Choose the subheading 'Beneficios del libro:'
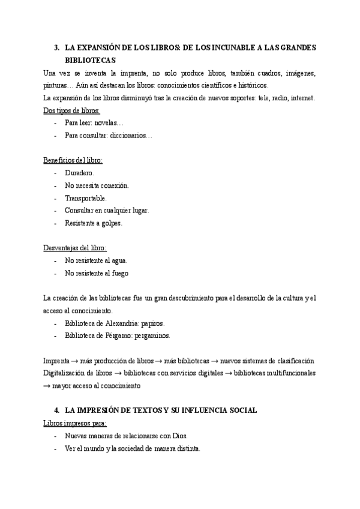coord(73,160)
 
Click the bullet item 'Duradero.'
coord(79,173)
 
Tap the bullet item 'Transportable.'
coord(86,198)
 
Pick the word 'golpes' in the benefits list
coord(112,223)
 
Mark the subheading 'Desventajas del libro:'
coord(75,248)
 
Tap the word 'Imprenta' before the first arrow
coord(56,361)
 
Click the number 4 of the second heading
coord(56,411)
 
